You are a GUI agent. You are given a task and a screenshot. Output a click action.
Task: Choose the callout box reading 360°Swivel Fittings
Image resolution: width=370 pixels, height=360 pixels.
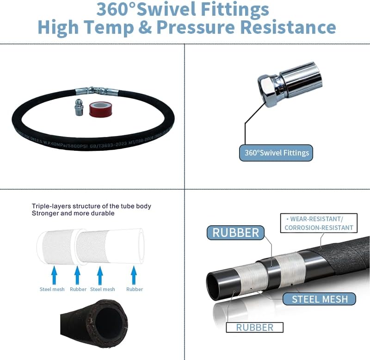(276, 152)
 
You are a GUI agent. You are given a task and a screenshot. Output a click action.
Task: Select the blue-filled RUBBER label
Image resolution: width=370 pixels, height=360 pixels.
(236, 232)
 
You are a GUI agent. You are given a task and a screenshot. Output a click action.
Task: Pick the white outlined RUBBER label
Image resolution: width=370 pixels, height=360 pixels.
(254, 327)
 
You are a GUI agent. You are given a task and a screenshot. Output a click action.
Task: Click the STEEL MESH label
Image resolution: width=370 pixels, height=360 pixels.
(320, 299)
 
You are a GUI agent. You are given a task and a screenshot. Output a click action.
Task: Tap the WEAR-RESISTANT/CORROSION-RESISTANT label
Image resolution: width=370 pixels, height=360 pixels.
(319, 223)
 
